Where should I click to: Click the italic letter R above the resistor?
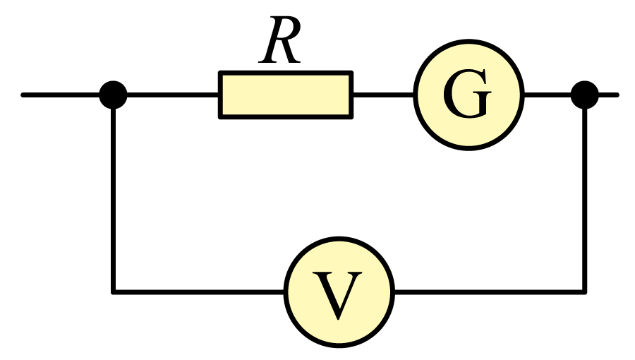coord(280,40)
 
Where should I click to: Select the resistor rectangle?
coord(286,95)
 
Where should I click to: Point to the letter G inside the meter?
coord(467,94)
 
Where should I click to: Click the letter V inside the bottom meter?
coord(337,295)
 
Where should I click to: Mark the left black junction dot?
coord(114,95)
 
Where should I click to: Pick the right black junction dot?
coord(585,95)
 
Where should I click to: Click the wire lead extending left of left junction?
coord(61,95)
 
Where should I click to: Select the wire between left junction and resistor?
coord(173,95)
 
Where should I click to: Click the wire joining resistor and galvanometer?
coord(384,95)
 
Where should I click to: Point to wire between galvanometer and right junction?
coord(548,95)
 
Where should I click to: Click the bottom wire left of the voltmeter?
coord(198,292)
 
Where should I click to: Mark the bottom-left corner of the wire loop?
coord(114,292)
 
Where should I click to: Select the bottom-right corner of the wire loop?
coord(585,292)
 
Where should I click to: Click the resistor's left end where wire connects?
coord(219,95)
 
